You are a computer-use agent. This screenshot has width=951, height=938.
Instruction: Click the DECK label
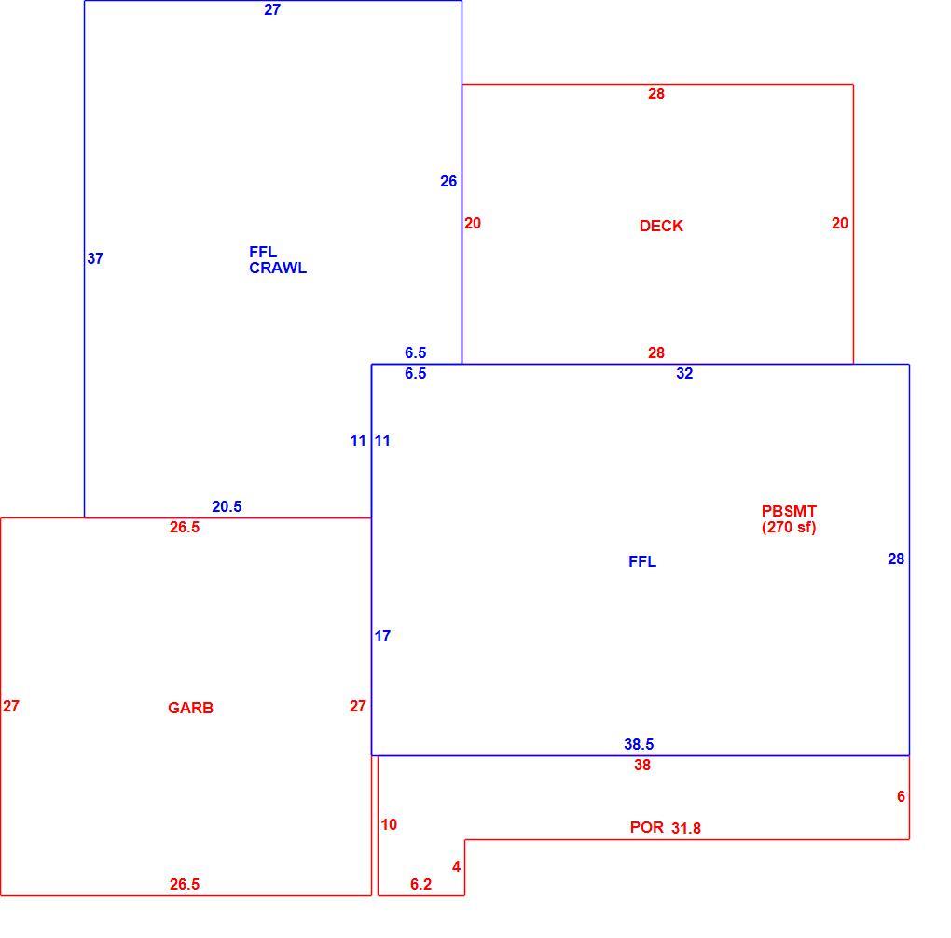661,226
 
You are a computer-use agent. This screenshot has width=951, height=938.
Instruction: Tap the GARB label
190,708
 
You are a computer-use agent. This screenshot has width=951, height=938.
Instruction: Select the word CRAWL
278,268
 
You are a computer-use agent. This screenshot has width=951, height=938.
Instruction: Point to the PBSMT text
789,511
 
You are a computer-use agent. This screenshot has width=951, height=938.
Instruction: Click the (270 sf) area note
789,527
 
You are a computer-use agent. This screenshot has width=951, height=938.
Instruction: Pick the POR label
646,827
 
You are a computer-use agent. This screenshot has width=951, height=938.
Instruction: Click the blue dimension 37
95,258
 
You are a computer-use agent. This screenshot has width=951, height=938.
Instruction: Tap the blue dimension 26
448,181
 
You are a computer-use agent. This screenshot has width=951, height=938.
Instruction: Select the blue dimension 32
684,373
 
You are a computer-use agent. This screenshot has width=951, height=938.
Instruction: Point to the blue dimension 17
382,636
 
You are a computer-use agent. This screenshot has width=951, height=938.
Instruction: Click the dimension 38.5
639,744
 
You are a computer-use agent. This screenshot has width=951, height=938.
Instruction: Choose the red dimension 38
642,765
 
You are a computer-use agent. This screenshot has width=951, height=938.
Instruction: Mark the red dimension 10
389,824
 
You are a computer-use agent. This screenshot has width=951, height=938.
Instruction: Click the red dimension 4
457,866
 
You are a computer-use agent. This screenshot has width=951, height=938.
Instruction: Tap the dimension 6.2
420,884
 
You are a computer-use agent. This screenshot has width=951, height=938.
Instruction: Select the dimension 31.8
686,828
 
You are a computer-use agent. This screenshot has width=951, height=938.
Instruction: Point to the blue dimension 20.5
227,506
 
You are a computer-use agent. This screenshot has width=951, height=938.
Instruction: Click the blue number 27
272,9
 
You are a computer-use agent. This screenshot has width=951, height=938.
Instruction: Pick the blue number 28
896,559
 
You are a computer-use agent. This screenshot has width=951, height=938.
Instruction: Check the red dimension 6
902,796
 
